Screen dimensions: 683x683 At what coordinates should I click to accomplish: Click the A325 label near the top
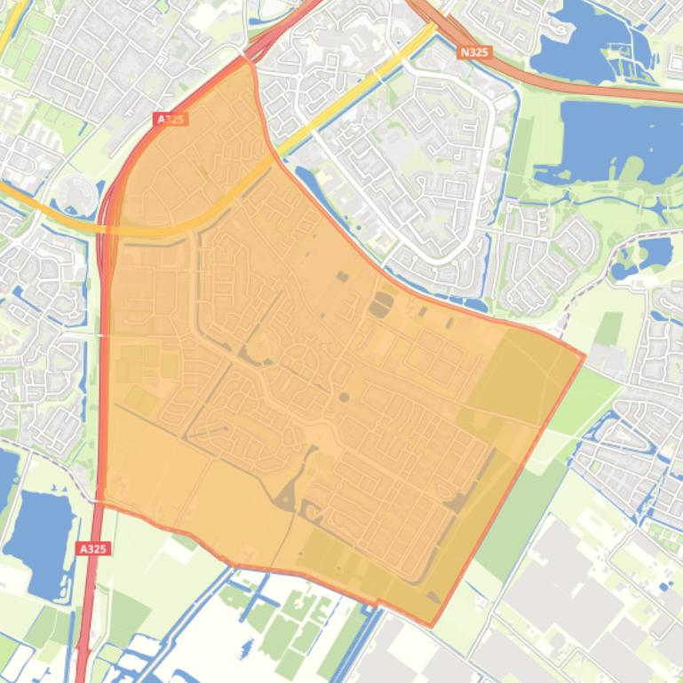click(x=171, y=119)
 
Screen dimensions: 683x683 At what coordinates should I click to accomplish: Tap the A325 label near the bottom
click(x=92, y=549)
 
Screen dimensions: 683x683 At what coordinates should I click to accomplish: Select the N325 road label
click(x=474, y=52)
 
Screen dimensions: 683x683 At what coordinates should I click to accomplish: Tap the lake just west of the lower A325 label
click(x=40, y=532)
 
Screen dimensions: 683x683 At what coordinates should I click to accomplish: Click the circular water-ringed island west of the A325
click(x=75, y=193)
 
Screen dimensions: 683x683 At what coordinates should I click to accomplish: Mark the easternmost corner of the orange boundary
click(x=584, y=356)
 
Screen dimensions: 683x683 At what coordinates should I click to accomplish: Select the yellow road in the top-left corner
click(x=11, y=31)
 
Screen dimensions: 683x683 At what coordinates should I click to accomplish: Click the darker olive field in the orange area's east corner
click(x=520, y=377)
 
